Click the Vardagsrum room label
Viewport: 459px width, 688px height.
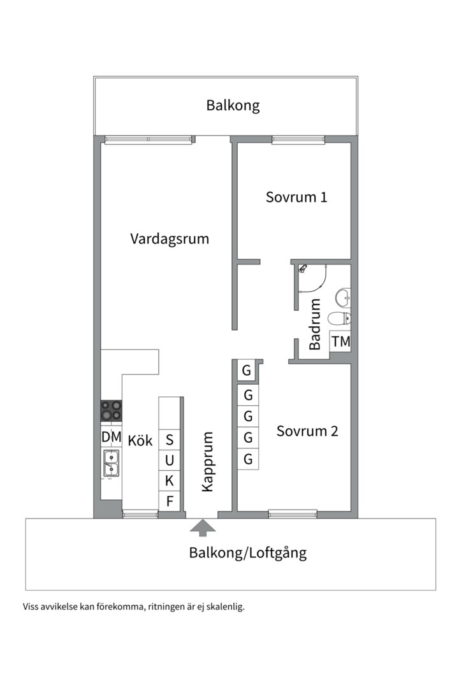click(x=170, y=240)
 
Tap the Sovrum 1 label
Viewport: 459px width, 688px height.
click(x=296, y=197)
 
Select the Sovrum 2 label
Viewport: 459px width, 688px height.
click(x=307, y=431)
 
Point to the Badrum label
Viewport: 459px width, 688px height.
click(x=315, y=324)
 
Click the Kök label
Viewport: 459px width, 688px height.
click(x=140, y=440)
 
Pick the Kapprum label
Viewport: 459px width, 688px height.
click(x=207, y=462)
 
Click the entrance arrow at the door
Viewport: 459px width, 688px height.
click(x=203, y=527)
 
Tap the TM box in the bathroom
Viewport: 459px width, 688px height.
click(x=340, y=341)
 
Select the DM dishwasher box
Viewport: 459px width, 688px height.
click(x=111, y=437)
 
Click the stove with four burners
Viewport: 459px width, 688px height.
click(x=111, y=410)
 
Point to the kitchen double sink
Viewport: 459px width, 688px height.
click(x=111, y=463)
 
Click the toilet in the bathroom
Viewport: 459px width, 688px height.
click(x=339, y=319)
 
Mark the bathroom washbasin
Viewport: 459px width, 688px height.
click(x=343, y=297)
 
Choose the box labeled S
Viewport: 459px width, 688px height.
click(x=170, y=440)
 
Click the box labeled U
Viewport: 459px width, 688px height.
click(x=170, y=460)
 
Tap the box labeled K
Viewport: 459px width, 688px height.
click(x=170, y=481)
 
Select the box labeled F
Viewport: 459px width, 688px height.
click(x=170, y=501)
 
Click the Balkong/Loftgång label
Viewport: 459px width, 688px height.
click(x=247, y=553)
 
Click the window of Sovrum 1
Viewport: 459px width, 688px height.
click(x=298, y=140)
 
